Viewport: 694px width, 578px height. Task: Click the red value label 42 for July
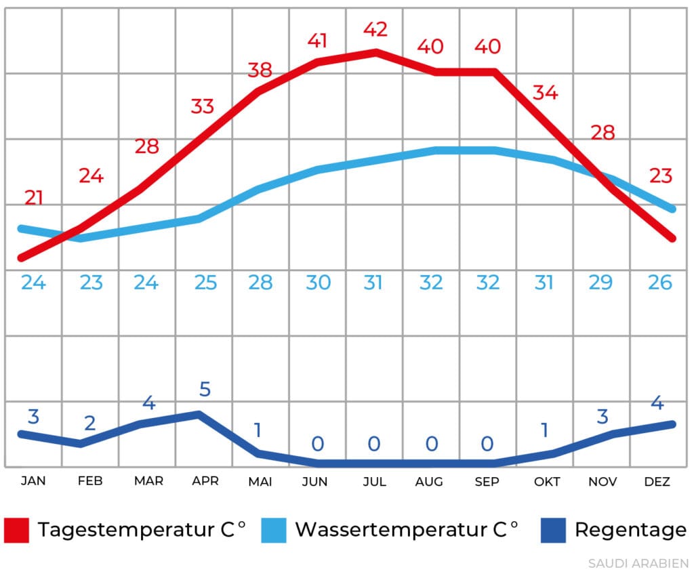[375, 30]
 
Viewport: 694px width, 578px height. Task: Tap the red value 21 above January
[34, 199]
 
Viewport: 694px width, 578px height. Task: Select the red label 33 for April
[202, 106]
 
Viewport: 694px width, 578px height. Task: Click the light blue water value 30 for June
[318, 283]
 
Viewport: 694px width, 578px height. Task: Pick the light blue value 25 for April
[205, 283]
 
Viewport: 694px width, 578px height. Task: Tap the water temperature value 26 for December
[659, 283]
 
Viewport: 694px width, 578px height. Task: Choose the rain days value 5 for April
[205, 390]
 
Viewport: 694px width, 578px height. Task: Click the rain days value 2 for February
[90, 424]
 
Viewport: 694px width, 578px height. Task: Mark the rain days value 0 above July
[374, 445]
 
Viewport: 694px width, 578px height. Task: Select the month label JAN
[33, 482]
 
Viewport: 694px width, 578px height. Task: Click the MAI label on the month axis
[260, 482]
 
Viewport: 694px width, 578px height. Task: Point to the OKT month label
[547, 482]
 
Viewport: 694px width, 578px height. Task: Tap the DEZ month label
[657, 482]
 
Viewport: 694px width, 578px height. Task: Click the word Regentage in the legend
[630, 530]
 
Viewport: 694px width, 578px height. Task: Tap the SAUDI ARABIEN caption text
[638, 564]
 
